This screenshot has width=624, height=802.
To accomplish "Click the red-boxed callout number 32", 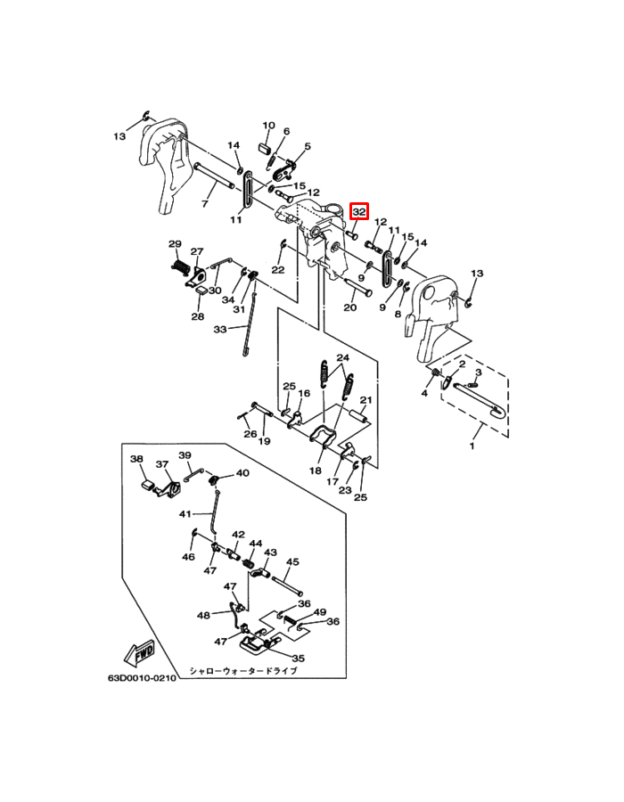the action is point(359,211).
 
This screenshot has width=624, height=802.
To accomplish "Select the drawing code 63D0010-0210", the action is point(142,678).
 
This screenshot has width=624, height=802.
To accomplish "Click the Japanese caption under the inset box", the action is point(243,670).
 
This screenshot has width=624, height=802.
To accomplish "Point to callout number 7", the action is point(205,203).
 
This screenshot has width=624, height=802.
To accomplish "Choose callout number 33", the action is point(220,330).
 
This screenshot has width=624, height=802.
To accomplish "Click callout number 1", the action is point(472,446).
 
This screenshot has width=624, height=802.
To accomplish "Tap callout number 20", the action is point(349,307).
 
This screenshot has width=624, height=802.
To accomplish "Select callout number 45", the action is point(292,561).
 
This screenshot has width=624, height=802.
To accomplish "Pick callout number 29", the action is point(175,243).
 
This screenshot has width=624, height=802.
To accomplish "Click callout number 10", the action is point(268,126).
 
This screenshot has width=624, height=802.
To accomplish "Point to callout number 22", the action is point(278,269).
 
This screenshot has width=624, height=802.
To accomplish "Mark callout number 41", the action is point(185,513).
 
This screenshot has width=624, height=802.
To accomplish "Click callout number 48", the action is point(203,615).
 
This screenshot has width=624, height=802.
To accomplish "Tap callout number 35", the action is point(299,659).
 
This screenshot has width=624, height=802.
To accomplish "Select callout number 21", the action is point(365,399).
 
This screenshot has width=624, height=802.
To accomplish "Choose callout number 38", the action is point(136,459).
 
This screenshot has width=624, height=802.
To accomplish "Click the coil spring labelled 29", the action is point(180,267).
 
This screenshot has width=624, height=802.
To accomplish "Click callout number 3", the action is point(478,372).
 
